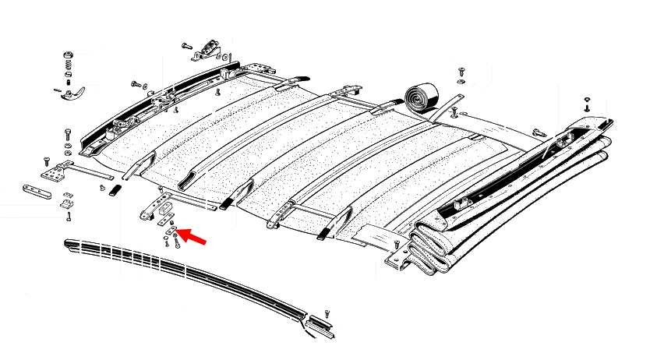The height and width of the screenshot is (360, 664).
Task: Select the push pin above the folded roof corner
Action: (x=586, y=102)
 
